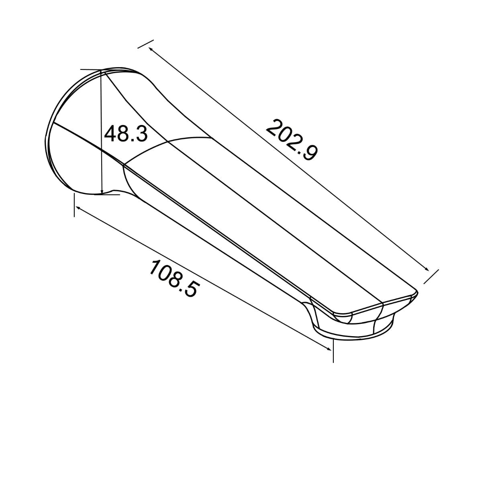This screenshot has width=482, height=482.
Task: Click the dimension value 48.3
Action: (x=126, y=133)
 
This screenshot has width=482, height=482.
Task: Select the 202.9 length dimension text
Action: (x=292, y=140)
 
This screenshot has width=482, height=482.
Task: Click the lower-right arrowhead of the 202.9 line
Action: (x=427, y=270)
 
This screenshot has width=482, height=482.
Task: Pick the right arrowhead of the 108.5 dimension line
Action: (x=329, y=349)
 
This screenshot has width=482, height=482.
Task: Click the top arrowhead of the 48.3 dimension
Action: (x=101, y=74)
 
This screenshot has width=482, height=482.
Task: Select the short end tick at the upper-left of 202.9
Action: (x=145, y=44)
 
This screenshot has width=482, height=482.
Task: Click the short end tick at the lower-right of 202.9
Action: (x=432, y=276)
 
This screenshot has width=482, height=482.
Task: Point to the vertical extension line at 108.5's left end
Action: (x=74, y=205)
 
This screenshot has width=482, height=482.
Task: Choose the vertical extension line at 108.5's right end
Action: (x=333, y=350)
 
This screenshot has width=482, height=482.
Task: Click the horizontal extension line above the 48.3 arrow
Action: (x=90, y=69)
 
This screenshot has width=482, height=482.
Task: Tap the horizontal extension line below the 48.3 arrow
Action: (x=110, y=195)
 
